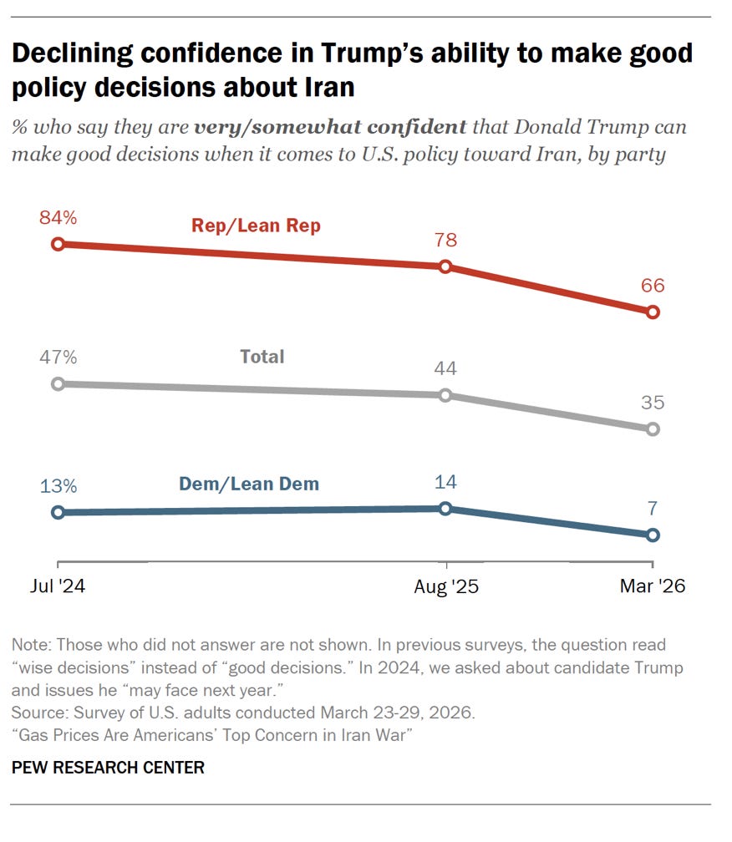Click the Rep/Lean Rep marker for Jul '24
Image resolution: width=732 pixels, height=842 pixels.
58,244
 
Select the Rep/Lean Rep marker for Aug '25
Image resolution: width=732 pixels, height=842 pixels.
445,266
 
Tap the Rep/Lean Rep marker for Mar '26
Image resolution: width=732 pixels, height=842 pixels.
653,312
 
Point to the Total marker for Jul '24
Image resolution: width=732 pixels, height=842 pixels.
58,383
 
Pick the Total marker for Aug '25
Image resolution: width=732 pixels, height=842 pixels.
445,395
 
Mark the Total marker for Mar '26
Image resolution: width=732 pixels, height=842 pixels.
653,429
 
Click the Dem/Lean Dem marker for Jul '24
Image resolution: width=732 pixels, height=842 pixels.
58,512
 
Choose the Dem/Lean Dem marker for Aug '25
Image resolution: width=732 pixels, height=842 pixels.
445,508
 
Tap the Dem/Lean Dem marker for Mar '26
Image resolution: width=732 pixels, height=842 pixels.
653,535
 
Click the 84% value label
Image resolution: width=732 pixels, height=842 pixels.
58,219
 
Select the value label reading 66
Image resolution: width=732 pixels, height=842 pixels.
653,286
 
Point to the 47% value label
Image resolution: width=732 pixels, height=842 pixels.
58,358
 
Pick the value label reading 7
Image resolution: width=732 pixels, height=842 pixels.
653,509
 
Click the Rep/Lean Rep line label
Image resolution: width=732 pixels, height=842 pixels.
255,226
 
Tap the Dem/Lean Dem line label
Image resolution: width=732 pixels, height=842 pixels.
249,483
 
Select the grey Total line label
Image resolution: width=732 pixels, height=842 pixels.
262,357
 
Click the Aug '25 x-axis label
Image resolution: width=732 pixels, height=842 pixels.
446,587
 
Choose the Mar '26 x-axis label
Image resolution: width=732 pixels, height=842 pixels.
652,587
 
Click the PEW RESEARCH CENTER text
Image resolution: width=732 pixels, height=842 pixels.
108,767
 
